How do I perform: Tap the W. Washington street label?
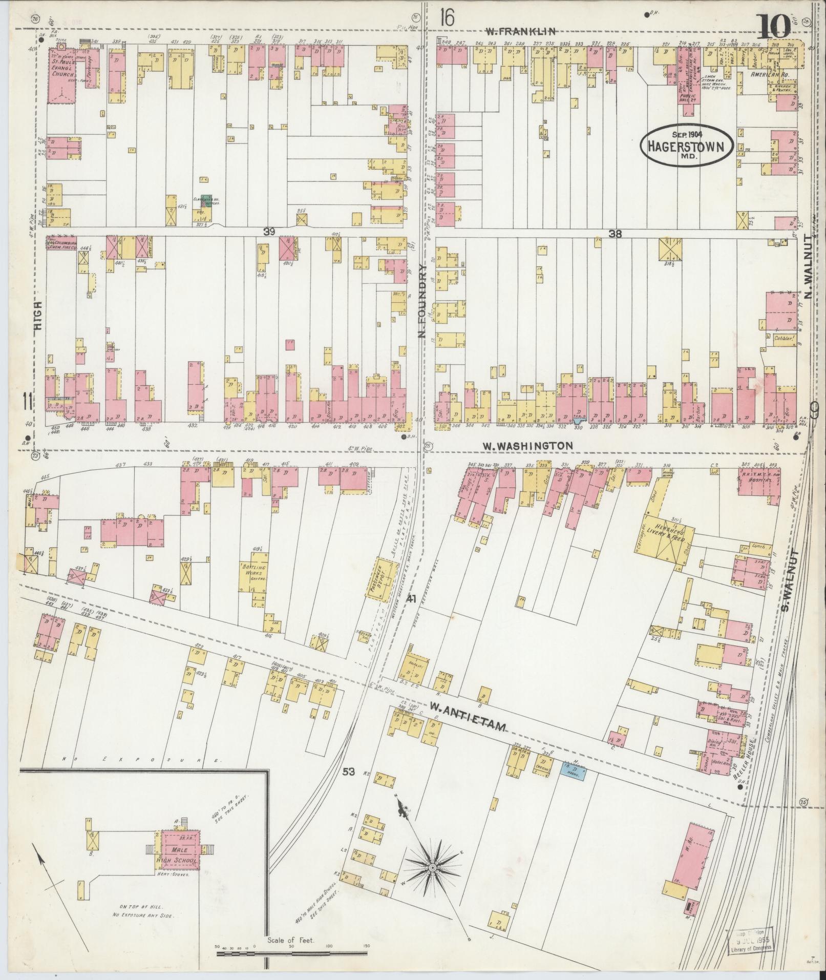pyautogui.click(x=528, y=446)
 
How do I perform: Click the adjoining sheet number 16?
pyautogui.click(x=447, y=19)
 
